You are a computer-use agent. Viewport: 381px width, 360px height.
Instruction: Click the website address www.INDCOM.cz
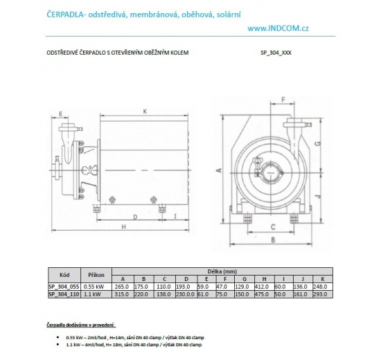[x=278, y=28]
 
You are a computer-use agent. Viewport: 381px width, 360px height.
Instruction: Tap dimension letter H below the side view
[x=123, y=227]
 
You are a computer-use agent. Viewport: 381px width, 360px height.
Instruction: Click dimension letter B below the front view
[x=273, y=240]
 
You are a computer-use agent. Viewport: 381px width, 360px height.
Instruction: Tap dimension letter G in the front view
[x=316, y=143]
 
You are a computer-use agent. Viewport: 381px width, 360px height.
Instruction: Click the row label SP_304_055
[x=64, y=285]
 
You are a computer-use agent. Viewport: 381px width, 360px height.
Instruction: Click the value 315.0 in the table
[x=123, y=294]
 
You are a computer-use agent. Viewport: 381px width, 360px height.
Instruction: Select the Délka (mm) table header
[x=229, y=271]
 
